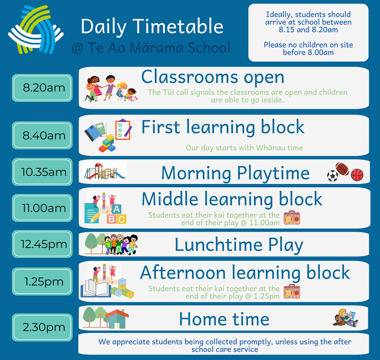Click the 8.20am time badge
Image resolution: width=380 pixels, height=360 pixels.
(42, 88)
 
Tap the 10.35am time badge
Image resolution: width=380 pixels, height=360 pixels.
(42, 172)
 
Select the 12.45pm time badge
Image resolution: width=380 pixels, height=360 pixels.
(42, 244)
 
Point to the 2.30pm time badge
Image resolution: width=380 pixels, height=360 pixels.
(42, 327)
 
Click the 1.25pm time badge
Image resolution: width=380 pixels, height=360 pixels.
(42, 281)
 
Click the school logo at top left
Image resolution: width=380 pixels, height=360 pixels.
(35, 30)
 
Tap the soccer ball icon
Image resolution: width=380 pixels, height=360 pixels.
(333, 176)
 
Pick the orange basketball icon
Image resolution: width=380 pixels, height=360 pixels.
(357, 175)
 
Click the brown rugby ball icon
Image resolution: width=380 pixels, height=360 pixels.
(342, 169)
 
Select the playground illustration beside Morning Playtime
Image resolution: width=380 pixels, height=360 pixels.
(105, 171)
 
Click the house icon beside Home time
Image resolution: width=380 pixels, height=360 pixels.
(117, 318)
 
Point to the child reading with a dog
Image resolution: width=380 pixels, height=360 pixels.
(345, 318)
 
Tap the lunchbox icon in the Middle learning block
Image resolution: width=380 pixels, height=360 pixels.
(292, 218)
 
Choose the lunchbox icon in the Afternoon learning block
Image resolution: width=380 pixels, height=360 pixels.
(292, 291)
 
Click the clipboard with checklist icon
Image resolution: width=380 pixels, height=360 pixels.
(123, 129)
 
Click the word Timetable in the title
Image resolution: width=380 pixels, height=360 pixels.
(178, 26)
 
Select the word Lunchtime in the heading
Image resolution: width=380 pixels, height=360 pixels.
(218, 245)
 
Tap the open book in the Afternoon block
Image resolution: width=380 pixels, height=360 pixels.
(96, 289)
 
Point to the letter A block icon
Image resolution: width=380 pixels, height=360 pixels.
(117, 209)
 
